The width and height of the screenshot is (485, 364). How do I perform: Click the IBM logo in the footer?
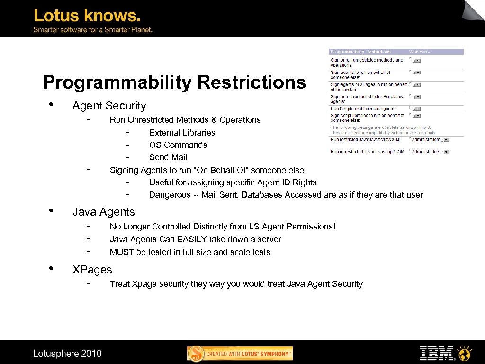click(437, 353)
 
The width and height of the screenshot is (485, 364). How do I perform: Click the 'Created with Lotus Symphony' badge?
click(240, 354)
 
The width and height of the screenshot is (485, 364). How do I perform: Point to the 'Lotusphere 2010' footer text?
click(67, 353)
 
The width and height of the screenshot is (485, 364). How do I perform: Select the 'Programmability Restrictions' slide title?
click(174, 82)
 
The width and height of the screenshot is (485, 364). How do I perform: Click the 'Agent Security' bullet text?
click(109, 106)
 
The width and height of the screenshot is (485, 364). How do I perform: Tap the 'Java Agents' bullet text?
click(103, 212)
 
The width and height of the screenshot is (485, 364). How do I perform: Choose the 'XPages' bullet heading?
click(92, 270)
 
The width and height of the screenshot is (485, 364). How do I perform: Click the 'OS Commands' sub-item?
click(178, 145)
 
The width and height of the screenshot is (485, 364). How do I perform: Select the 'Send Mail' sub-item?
click(168, 157)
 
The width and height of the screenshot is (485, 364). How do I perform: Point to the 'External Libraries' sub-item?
click(182, 133)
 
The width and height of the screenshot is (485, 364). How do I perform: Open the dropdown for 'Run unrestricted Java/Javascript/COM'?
click(446, 152)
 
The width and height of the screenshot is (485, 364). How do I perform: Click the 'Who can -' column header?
click(420, 52)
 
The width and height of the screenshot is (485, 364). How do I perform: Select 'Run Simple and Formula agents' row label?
click(364, 109)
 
